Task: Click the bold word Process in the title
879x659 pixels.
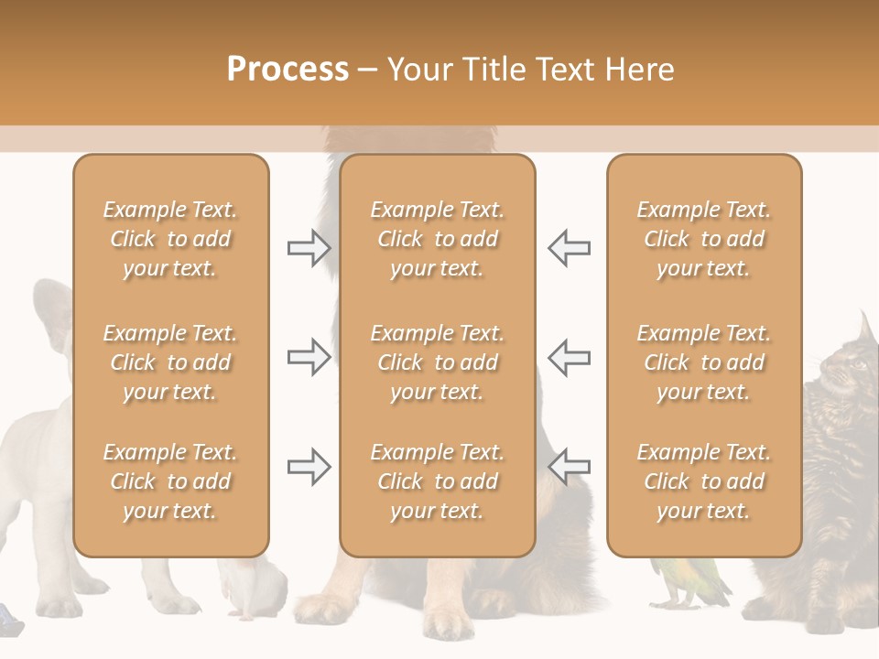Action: click(288, 70)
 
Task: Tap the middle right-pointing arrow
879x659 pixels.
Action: click(309, 357)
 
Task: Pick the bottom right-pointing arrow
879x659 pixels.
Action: click(309, 467)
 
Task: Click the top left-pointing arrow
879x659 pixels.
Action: click(570, 248)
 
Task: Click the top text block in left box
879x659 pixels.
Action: click(170, 239)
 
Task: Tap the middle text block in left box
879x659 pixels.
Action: click(170, 362)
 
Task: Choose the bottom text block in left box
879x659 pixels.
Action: click(170, 481)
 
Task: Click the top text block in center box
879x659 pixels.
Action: click(437, 239)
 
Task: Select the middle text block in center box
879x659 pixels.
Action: click(437, 362)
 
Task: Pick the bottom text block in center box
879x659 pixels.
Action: click(437, 481)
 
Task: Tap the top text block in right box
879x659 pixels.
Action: click(703, 239)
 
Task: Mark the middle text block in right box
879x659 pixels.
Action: click(703, 362)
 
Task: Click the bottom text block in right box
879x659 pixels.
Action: click(703, 481)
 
